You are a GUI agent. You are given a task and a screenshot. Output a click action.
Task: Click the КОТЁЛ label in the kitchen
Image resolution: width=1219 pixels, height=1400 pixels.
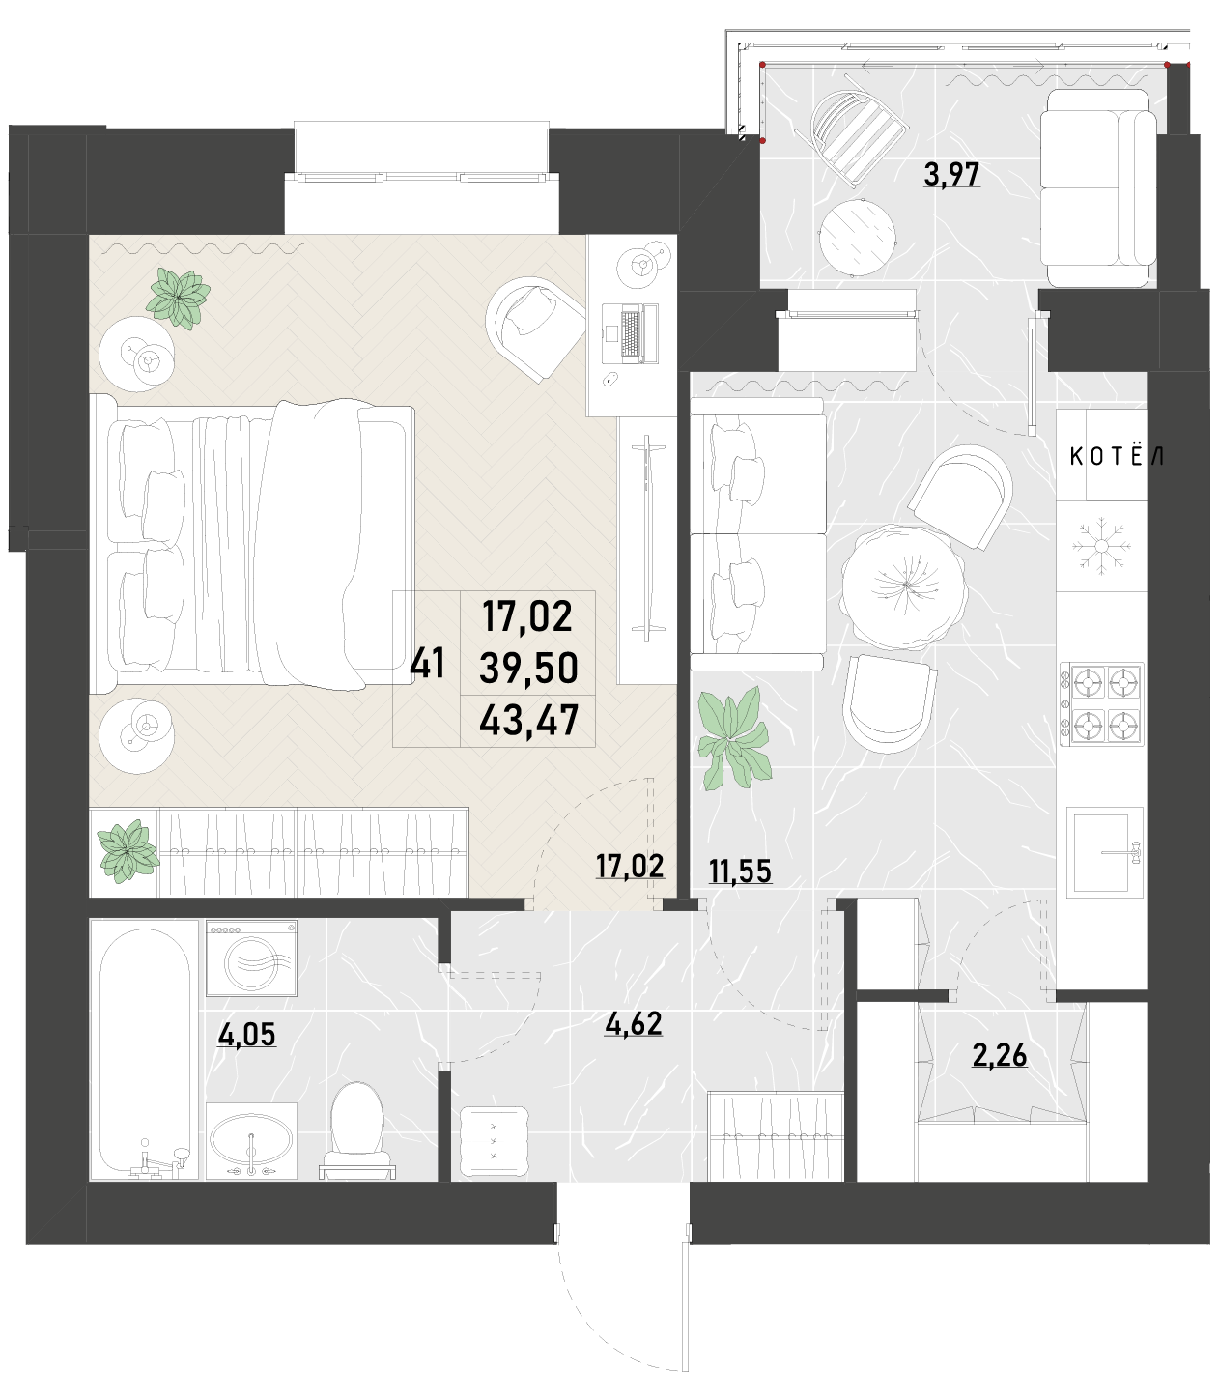coord(1116,456)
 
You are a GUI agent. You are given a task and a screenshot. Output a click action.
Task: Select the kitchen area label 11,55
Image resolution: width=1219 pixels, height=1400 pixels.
coord(740,871)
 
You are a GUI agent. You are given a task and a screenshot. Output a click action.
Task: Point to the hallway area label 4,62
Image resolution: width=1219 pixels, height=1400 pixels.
coord(634,1023)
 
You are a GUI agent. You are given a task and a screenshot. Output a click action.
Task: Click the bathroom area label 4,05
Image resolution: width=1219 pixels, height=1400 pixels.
coord(247,1034)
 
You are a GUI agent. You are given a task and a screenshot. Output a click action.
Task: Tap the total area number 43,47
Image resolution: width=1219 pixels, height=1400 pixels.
coord(528,720)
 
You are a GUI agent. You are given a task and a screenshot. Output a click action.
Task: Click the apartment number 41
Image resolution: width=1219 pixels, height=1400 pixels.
coord(427,663)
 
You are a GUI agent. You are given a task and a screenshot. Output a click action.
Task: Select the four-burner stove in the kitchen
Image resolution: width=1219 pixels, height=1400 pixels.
coord(1101,704)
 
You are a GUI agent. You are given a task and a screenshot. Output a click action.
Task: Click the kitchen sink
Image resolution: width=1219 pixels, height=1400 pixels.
coord(1105,852)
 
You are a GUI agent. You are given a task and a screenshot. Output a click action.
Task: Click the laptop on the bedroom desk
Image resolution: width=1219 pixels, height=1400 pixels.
coord(630,333)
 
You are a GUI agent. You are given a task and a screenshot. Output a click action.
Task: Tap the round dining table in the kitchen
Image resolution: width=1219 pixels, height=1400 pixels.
coord(905,586)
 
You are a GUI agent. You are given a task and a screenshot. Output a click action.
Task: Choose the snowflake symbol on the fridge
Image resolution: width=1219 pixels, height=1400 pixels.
coord(1100,546)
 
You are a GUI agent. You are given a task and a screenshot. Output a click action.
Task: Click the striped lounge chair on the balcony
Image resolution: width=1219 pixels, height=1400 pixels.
coord(860,130)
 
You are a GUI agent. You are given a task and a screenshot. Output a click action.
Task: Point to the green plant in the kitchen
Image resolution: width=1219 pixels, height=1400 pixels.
coord(734,737)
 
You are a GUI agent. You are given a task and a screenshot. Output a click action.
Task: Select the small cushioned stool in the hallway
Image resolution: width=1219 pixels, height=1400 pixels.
coord(494,1143)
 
